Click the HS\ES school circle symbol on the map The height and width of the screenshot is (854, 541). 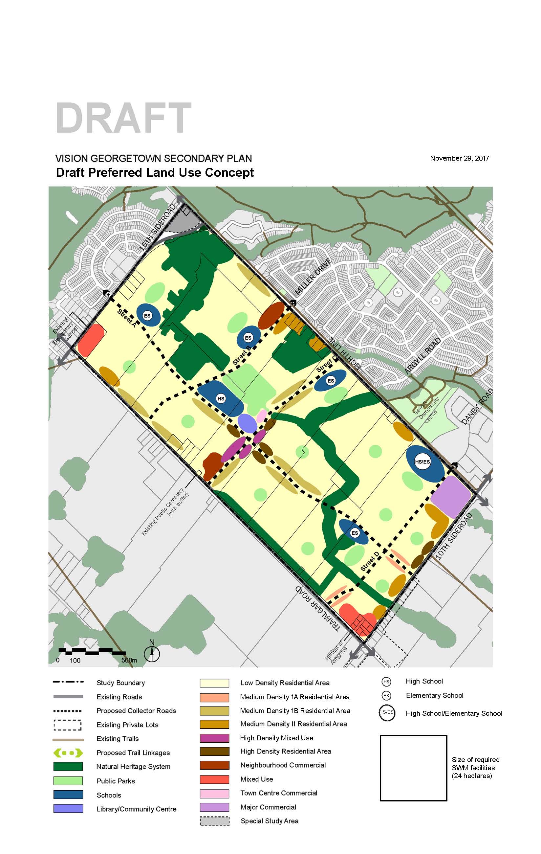422,462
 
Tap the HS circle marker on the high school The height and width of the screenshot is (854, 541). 221,399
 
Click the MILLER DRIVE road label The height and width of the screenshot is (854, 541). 313,277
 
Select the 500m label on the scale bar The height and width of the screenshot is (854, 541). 129,660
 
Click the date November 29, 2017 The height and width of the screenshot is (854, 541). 459,158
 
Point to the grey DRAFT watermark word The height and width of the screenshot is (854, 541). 123,118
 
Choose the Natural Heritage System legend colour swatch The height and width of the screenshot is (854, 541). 68,766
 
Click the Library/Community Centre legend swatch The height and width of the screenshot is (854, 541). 68,808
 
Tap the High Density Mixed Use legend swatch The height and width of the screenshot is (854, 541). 214,738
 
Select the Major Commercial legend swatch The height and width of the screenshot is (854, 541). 214,807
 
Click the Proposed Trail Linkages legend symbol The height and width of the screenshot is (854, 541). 68,753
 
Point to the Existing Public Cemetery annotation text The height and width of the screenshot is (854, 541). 165,511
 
